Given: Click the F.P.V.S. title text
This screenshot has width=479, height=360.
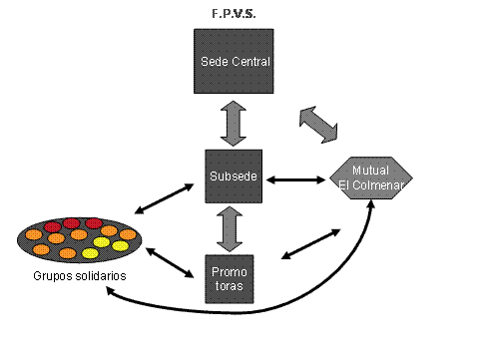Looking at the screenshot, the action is pyautogui.click(x=234, y=14).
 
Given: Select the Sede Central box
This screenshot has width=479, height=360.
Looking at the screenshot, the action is pyautogui.click(x=234, y=61).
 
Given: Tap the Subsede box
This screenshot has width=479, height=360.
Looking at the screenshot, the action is pyautogui.click(x=234, y=177).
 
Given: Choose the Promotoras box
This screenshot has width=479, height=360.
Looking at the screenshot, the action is pyautogui.click(x=230, y=279).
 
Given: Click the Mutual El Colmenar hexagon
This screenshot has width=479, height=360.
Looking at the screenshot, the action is pyautogui.click(x=371, y=178).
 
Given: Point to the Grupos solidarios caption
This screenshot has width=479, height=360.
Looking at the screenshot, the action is pyautogui.click(x=80, y=276).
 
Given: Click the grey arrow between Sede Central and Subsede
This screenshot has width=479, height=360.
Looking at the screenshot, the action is pyautogui.click(x=234, y=124).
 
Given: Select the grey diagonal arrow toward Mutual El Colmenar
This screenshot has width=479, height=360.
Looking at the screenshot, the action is pyautogui.click(x=318, y=125).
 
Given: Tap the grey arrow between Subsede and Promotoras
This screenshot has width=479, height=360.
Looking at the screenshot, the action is pyautogui.click(x=230, y=229).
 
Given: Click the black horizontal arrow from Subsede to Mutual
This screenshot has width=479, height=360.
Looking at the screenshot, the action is pyautogui.click(x=296, y=180).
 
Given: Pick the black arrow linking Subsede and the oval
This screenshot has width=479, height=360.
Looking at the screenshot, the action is pyautogui.click(x=165, y=198).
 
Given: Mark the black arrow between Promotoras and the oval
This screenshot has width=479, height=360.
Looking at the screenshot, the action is pyautogui.click(x=170, y=262).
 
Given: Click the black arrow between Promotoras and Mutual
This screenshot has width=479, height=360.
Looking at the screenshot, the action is pyautogui.click(x=310, y=244).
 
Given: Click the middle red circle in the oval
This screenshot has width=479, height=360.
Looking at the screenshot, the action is pyautogui.click(x=72, y=223).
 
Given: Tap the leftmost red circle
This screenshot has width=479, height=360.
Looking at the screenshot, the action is pyautogui.click(x=53, y=227).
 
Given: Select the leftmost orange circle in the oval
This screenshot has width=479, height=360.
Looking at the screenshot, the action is pyautogui.click(x=34, y=235).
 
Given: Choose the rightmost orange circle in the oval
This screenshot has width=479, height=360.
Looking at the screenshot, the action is pyautogui.click(x=128, y=234).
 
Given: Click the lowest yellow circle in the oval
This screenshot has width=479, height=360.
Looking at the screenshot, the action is pyautogui.click(x=90, y=253).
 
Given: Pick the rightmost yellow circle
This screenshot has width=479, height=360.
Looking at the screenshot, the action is pyautogui.click(x=120, y=246).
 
